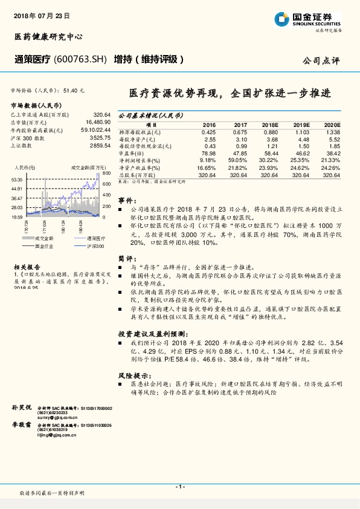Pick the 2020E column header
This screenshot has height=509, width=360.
(331, 124)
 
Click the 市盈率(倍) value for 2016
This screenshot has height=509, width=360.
(207, 154)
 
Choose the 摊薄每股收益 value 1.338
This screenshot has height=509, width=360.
(332, 132)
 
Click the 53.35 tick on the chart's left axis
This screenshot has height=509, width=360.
(17, 180)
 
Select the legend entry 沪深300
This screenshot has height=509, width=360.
(95, 247)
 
